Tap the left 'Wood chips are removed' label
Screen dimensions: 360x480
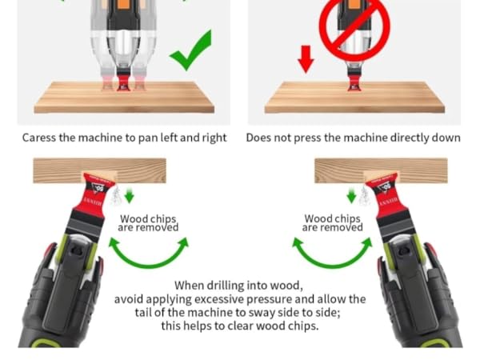click(149, 223)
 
